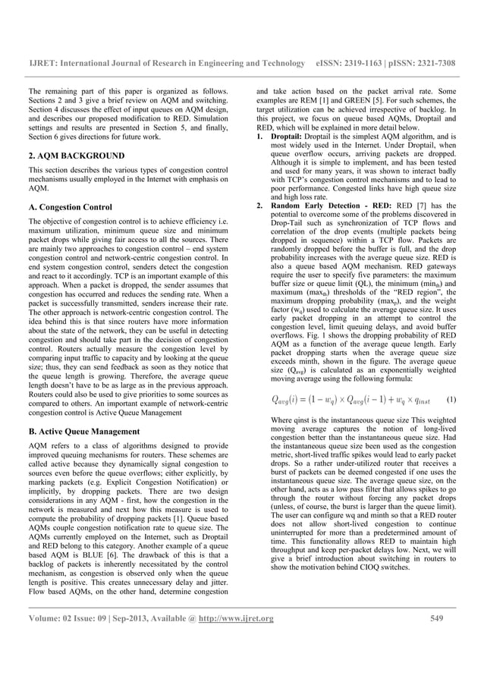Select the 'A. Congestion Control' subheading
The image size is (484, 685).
[69, 207]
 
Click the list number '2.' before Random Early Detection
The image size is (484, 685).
[260, 206]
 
